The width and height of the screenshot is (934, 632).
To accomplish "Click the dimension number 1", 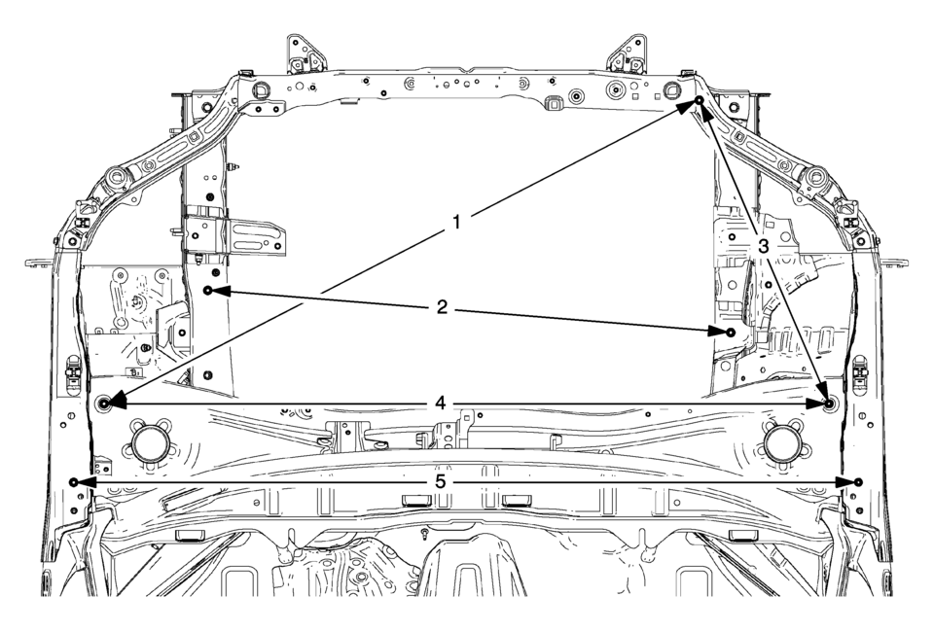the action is (x=456, y=223).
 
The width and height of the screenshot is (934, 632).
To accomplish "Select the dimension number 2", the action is (x=442, y=307).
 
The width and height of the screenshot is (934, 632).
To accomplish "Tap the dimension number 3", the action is (x=764, y=245).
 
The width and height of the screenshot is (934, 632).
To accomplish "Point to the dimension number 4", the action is (x=440, y=404).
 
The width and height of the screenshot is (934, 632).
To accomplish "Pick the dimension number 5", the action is (x=440, y=481).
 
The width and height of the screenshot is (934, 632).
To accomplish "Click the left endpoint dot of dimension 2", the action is (x=208, y=290).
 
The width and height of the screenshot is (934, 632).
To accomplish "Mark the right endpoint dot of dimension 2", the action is (x=731, y=331).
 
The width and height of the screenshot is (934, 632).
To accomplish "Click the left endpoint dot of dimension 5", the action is (x=73, y=481).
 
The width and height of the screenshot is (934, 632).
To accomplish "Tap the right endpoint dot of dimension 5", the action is (x=858, y=481).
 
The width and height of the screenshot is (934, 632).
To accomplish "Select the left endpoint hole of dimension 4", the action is (x=104, y=404).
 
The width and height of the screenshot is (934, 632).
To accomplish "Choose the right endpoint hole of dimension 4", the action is (x=829, y=404).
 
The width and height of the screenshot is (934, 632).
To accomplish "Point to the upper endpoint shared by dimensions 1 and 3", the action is (x=700, y=101).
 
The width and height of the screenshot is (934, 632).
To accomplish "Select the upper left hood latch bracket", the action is (x=305, y=54).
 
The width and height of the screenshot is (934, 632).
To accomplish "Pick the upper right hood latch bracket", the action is (x=628, y=54).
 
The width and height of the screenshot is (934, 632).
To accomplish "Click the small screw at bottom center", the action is (x=425, y=532).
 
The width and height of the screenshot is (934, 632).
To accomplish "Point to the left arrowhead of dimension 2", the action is (x=222, y=291).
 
